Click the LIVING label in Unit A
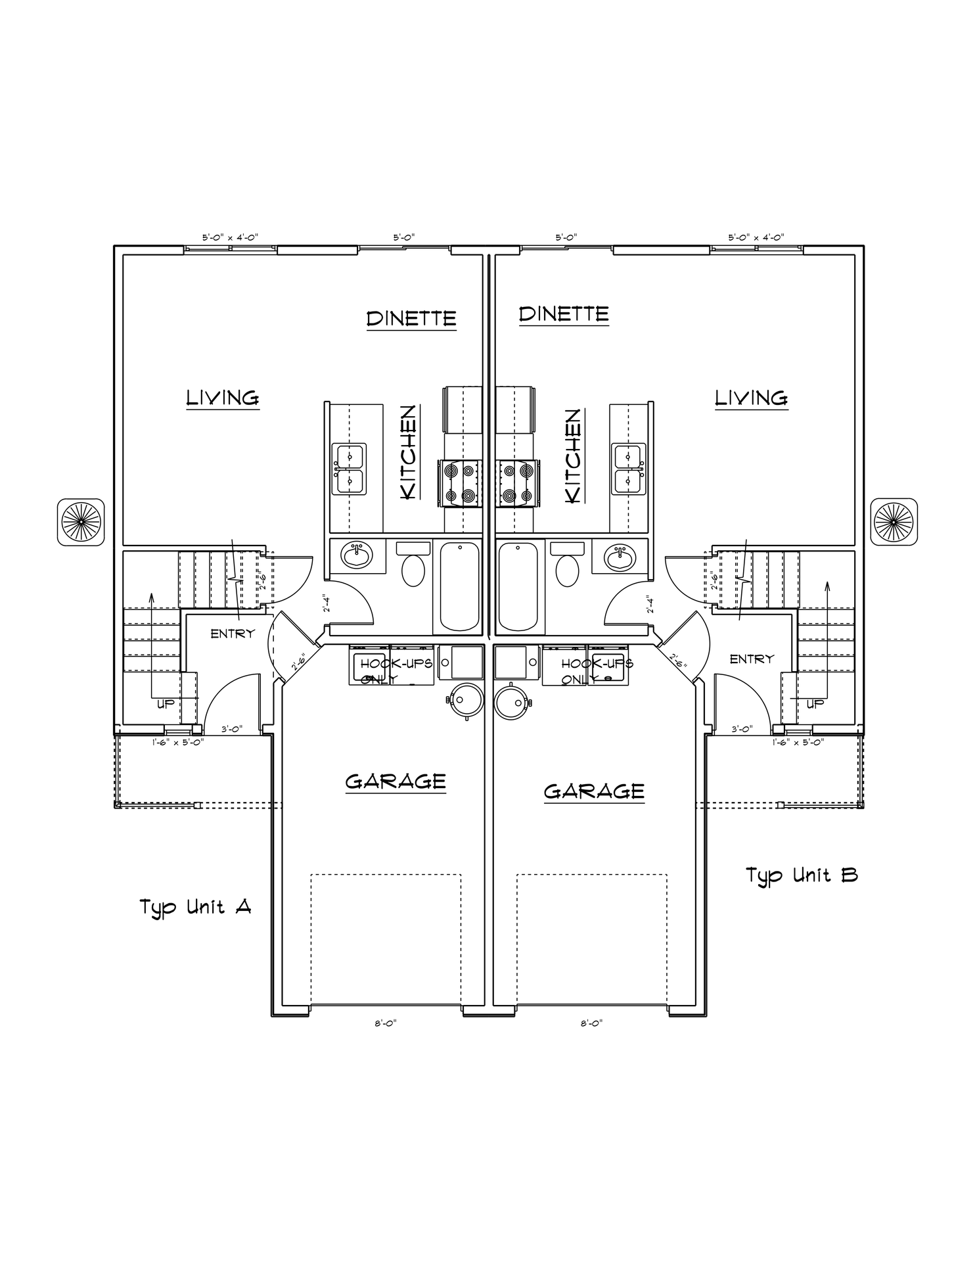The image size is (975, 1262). pyautogui.click(x=223, y=398)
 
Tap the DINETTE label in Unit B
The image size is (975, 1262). pyautogui.click(x=564, y=314)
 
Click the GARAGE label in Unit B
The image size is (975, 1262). pyautogui.click(x=594, y=791)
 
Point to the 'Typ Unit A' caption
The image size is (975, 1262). pyautogui.click(x=195, y=908)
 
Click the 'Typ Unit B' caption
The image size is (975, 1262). pyautogui.click(x=801, y=876)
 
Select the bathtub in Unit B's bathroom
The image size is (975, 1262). pyautogui.click(x=518, y=586)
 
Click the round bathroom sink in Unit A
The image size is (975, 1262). pyautogui.click(x=357, y=555)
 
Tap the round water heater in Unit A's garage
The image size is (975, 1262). pyautogui.click(x=466, y=701)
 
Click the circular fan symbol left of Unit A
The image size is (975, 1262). pyautogui.click(x=81, y=521)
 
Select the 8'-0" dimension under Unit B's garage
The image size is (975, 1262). pyautogui.click(x=591, y=1023)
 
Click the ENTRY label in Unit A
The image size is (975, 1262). pyautogui.click(x=232, y=634)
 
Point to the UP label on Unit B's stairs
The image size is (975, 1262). pyautogui.click(x=815, y=704)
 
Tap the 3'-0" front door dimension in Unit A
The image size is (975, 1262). pyautogui.click(x=232, y=729)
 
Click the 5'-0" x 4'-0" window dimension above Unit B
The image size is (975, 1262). pyautogui.click(x=756, y=237)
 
